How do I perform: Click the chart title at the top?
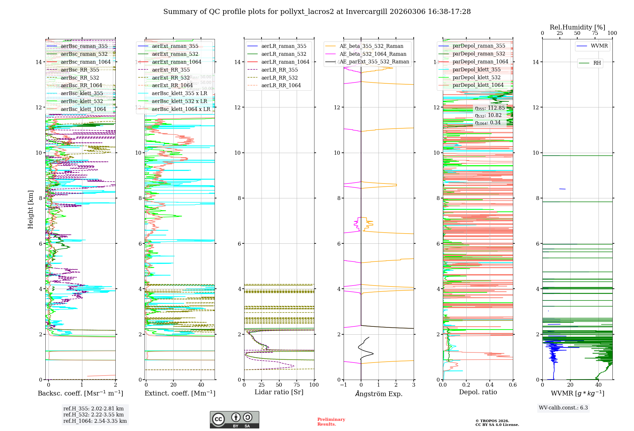click(x=317, y=12)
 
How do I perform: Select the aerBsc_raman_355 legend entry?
click(x=84, y=46)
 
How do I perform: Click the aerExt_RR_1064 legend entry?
click(x=172, y=86)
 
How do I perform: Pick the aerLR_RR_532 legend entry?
click(x=279, y=78)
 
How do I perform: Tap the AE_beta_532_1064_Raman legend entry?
click(x=373, y=54)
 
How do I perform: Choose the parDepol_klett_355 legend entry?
click(x=476, y=70)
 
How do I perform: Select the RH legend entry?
click(x=597, y=63)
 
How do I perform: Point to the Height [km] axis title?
click(x=30, y=209)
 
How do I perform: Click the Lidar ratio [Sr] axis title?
click(x=279, y=392)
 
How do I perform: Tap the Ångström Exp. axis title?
click(x=379, y=394)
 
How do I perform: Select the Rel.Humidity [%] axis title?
click(x=577, y=27)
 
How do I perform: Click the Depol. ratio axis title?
click(x=478, y=392)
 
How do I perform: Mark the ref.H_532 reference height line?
click(x=94, y=415)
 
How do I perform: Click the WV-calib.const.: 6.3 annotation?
click(x=563, y=408)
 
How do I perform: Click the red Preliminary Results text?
click(x=331, y=422)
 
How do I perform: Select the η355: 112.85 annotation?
click(x=490, y=108)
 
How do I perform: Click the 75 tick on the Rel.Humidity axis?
click(x=595, y=33)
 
